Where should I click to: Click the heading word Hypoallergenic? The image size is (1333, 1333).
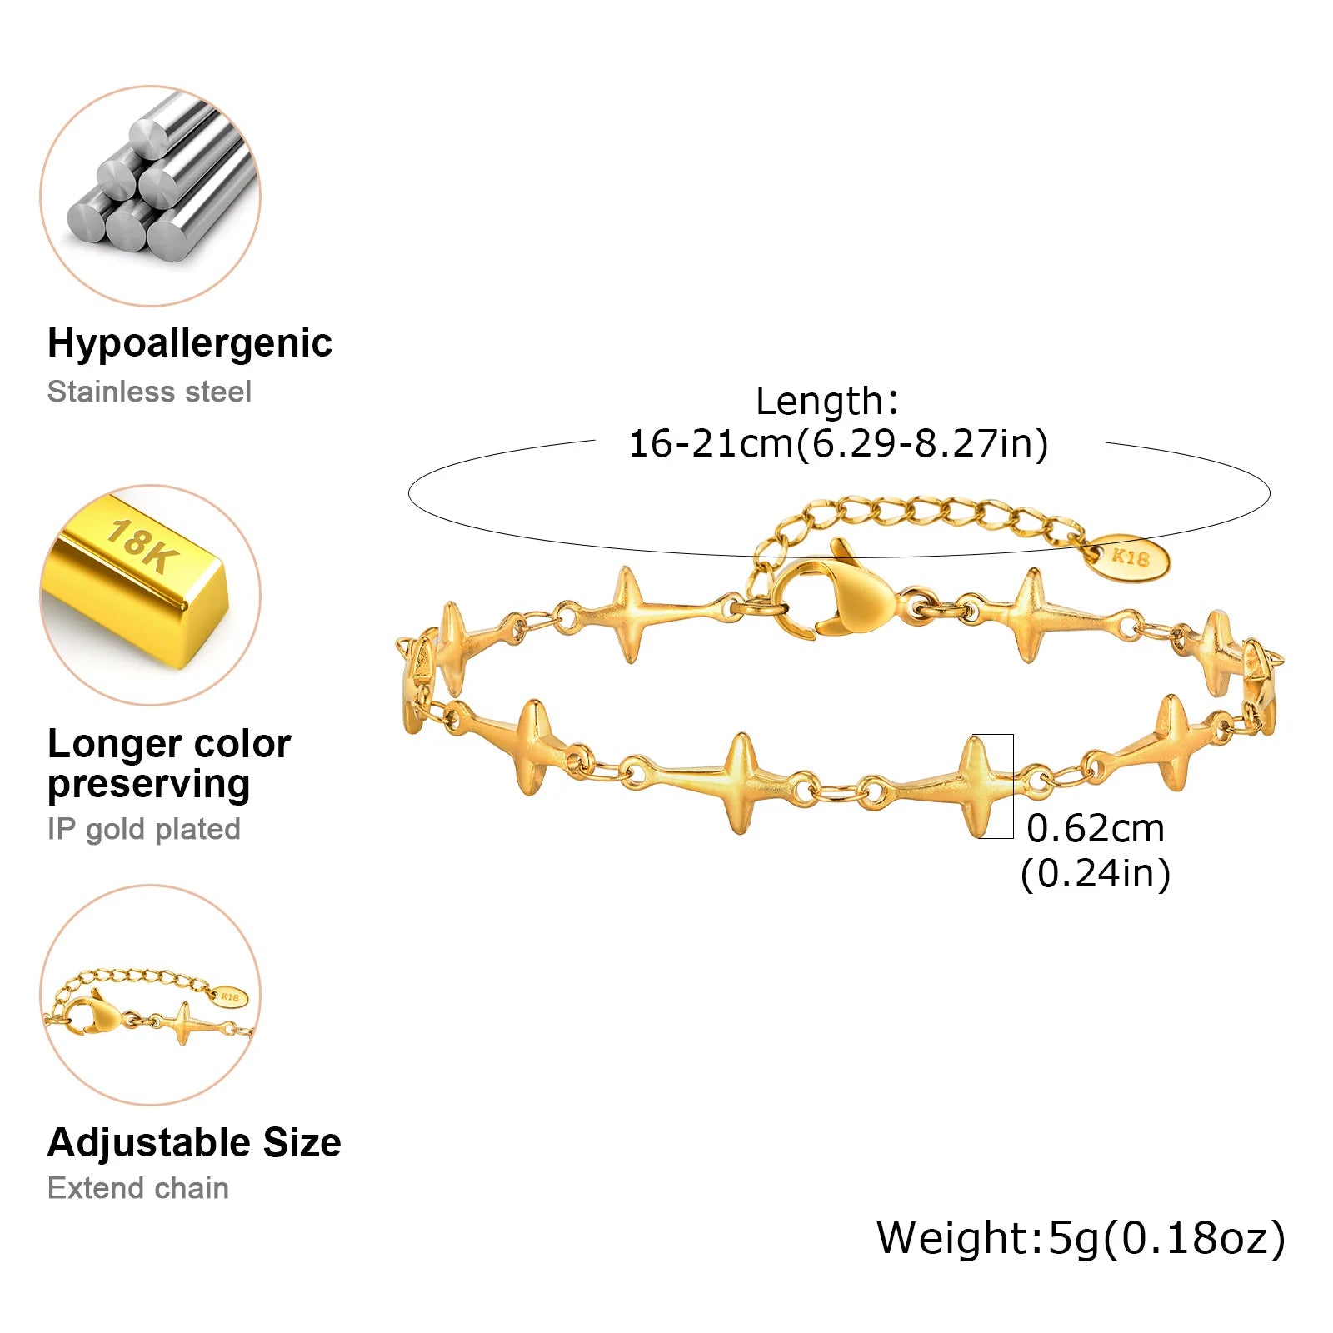189,343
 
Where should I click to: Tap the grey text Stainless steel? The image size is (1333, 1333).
149,392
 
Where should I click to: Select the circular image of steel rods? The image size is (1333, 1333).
151,196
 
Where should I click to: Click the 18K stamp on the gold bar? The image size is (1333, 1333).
140,546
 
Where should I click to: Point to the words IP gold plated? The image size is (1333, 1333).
143,829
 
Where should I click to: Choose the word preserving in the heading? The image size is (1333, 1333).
148,784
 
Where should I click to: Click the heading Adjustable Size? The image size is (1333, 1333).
194,1142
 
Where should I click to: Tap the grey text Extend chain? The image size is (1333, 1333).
137,1188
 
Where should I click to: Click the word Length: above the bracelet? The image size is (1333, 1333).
827,401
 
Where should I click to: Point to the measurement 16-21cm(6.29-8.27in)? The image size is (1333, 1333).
837,443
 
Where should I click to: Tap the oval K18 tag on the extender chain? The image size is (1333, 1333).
1129,557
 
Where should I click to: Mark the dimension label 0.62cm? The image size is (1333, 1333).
1095,828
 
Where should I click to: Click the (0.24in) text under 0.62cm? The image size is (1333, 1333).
1095,873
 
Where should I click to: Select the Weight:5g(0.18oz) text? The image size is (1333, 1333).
1081,1238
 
